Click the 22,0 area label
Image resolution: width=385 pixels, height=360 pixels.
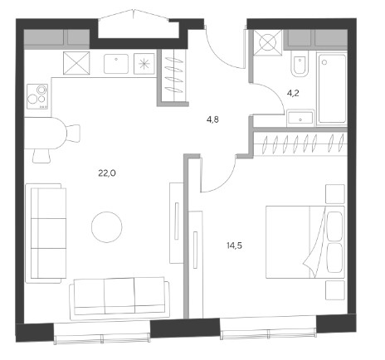(x=107, y=173)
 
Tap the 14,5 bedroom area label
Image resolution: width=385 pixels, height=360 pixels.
(x=235, y=246)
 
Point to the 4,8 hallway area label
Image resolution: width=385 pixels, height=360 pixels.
(x=212, y=119)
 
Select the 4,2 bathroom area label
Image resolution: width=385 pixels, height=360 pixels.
(x=293, y=93)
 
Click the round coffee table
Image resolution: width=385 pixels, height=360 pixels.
(x=107, y=227)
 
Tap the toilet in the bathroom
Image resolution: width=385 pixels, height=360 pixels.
(x=300, y=66)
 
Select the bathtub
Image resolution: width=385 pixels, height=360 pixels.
(x=332, y=89)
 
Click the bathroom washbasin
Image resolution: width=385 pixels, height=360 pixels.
(x=300, y=118)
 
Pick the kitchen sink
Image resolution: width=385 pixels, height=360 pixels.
(x=116, y=64)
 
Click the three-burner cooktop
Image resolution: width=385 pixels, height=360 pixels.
(x=37, y=96)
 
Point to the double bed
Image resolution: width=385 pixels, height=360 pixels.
(x=305, y=242)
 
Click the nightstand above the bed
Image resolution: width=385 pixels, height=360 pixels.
(x=335, y=194)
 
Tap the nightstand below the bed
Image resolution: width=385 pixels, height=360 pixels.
(x=335, y=290)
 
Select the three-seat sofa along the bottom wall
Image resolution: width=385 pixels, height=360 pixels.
(x=119, y=299)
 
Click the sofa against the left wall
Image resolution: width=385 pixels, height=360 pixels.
(x=46, y=233)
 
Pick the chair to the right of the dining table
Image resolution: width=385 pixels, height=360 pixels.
(x=73, y=134)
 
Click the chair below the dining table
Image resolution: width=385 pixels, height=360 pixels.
(x=41, y=156)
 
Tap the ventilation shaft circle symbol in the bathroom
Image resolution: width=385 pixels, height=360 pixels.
(x=268, y=43)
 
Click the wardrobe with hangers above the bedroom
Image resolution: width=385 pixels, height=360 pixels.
(x=300, y=144)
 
